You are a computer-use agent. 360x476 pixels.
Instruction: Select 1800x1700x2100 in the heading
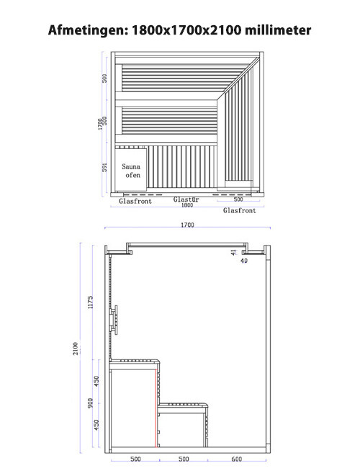click(x=186, y=30)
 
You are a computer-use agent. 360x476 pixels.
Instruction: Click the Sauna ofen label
click(x=132, y=171)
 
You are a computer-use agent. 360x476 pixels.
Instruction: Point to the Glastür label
click(x=186, y=199)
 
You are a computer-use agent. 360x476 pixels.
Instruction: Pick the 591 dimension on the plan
click(x=104, y=167)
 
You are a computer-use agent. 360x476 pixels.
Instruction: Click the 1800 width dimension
click(x=187, y=205)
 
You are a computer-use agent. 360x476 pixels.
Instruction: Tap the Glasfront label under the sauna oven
click(x=135, y=201)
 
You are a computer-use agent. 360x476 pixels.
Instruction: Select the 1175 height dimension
click(x=90, y=302)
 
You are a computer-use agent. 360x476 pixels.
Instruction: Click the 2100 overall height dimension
click(x=76, y=349)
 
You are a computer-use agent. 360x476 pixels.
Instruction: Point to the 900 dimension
click(x=90, y=403)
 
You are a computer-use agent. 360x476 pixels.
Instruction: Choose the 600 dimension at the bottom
click(x=236, y=459)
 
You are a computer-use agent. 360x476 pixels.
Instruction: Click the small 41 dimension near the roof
click(x=233, y=253)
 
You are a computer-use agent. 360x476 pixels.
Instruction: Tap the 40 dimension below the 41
click(x=244, y=261)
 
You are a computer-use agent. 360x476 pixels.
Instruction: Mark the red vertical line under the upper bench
click(x=156, y=408)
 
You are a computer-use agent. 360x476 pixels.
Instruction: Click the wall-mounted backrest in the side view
click(x=114, y=320)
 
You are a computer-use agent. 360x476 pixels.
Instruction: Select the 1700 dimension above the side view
click(x=187, y=225)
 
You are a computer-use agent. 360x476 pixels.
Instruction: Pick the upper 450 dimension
click(x=96, y=382)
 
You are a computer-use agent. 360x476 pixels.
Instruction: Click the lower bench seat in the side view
click(x=183, y=405)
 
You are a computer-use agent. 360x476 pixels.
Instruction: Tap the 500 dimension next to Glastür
click(x=238, y=199)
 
